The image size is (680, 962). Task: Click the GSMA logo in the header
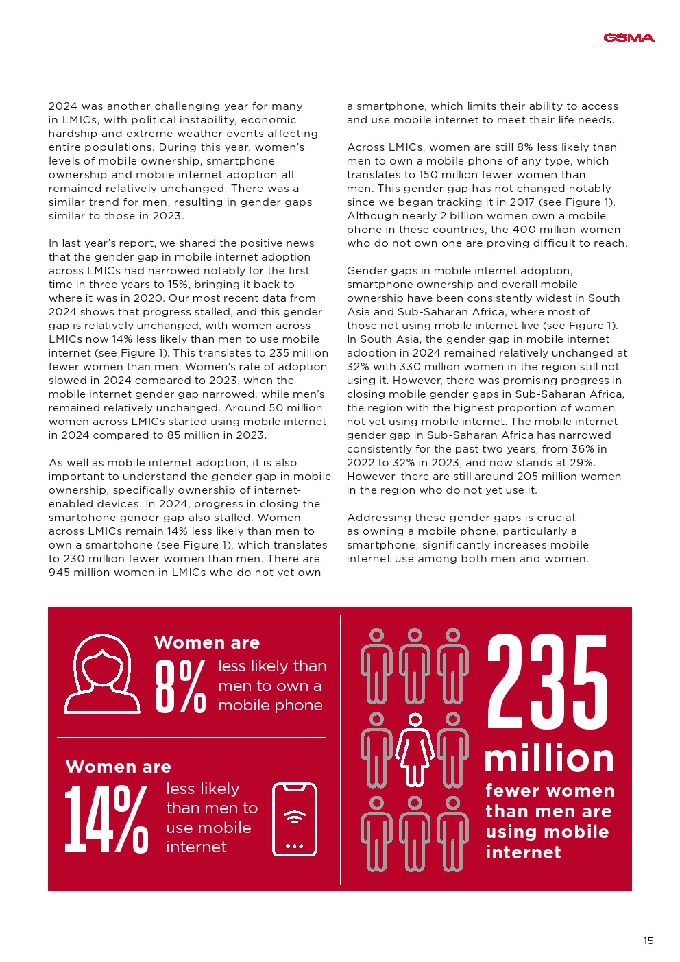tap(629, 38)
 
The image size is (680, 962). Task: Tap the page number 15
tap(648, 941)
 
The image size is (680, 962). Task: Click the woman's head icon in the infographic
tap(102, 673)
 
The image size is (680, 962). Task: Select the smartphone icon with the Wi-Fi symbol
tap(295, 819)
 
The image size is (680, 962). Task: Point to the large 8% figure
tap(180, 686)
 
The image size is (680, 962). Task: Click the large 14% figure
tap(106, 820)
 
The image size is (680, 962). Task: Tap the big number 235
tap(547, 682)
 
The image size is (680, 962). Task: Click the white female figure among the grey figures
tap(415, 749)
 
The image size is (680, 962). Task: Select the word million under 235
tap(548, 759)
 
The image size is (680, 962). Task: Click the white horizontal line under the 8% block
tap(191, 738)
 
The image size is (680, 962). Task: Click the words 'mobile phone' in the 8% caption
tap(270, 706)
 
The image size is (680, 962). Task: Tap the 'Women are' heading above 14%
tap(119, 767)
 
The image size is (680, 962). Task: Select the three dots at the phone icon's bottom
tap(295, 846)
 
